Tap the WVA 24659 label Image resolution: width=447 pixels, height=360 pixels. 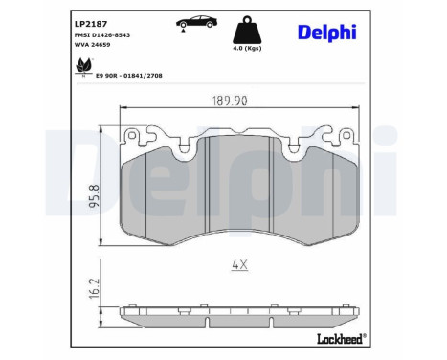coord(93,46)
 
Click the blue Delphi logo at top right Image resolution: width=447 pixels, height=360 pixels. coord(326,33)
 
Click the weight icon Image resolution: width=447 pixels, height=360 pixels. coord(250,28)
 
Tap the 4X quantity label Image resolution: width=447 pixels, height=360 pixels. coord(240,265)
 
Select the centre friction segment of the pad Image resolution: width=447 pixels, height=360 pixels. coord(240,187)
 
